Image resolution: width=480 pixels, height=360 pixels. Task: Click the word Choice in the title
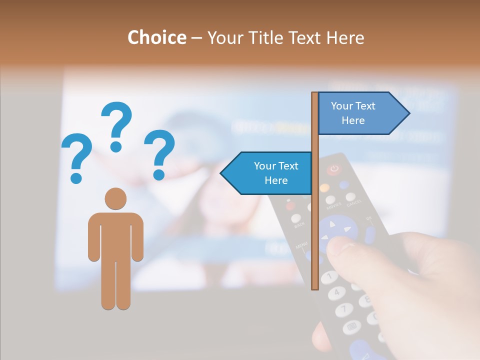point(156,37)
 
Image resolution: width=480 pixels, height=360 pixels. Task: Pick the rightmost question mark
point(159,154)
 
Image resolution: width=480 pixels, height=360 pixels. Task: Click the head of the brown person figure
point(115,199)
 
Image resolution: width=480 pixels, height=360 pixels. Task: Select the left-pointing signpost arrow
point(267,173)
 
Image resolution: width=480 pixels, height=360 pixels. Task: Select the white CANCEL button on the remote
point(351,197)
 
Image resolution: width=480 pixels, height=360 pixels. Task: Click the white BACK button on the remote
point(296,218)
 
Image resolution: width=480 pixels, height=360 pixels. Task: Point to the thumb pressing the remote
point(345,250)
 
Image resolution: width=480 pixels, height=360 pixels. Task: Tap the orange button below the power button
point(324,188)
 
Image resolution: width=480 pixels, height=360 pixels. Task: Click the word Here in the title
point(345,37)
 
